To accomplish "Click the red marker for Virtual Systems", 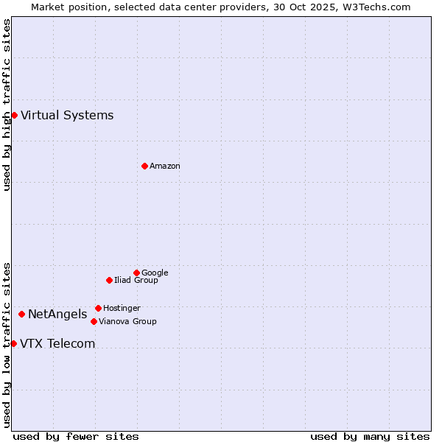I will click(x=14, y=115).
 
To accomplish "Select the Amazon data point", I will click(x=144, y=166).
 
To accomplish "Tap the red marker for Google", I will click(x=136, y=273).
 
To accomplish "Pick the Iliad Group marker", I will click(x=109, y=280).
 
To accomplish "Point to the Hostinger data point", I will click(x=98, y=308).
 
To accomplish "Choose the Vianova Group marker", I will click(x=94, y=321).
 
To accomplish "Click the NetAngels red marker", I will click(x=21, y=314).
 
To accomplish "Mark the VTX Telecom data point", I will click(x=13, y=343).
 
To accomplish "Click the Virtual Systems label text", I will click(x=67, y=115).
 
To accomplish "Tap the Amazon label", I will click(x=165, y=166).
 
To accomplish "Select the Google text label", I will click(x=155, y=273).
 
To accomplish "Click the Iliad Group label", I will click(x=136, y=280).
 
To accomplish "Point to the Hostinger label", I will click(x=122, y=308).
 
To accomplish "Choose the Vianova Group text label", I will click(x=127, y=321).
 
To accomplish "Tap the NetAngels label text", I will click(x=57, y=315).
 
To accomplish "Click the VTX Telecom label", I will click(x=57, y=343).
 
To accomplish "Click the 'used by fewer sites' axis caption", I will click(x=76, y=436).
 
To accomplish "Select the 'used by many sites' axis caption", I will click(x=370, y=436).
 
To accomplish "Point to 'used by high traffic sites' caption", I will click(x=7, y=105).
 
